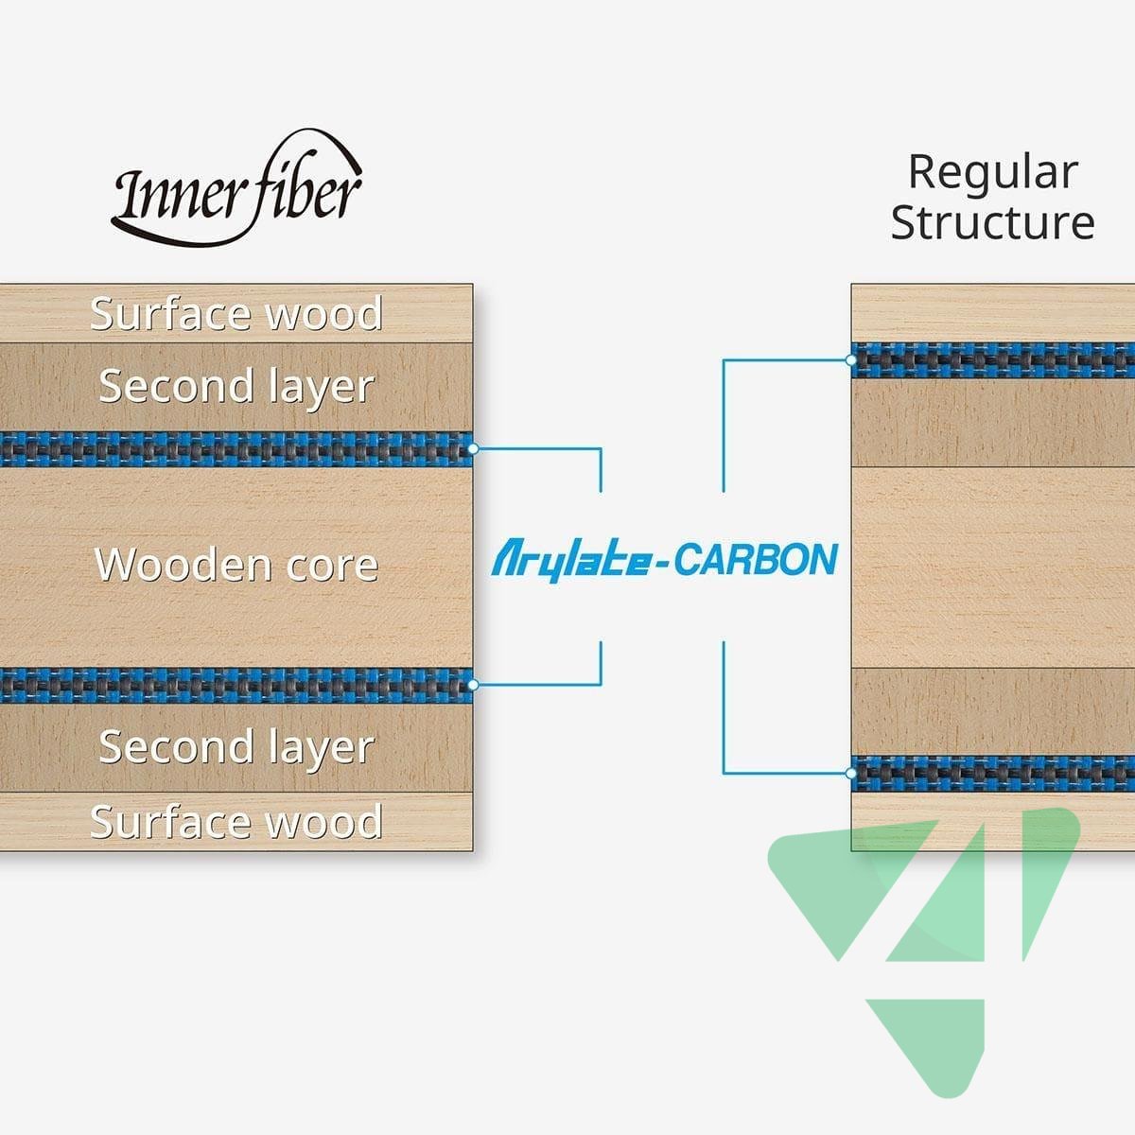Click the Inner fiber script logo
pyautogui.click(x=236, y=189)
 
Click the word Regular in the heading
pyautogui.click(x=992, y=172)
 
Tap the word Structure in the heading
pyautogui.click(x=992, y=223)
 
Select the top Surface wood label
pyautogui.click(x=236, y=314)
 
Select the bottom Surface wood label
pyautogui.click(x=236, y=821)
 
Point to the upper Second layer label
pyautogui.click(x=236, y=386)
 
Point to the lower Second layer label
pyautogui.click(x=236, y=747)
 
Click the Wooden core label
pyautogui.click(x=236, y=565)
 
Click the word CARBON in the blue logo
pyautogui.click(x=756, y=559)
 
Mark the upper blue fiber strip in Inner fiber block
pyautogui.click(x=236, y=449)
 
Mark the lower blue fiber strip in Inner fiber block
pyautogui.click(x=236, y=685)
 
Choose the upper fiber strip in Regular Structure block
pyautogui.click(x=993, y=360)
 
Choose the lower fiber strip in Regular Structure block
pyautogui.click(x=993, y=773)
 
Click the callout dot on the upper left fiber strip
pyautogui.click(x=473, y=448)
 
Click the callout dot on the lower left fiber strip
pyautogui.click(x=473, y=684)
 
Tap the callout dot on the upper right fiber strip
pyautogui.click(x=851, y=360)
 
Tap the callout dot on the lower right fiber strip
pyautogui.click(x=851, y=773)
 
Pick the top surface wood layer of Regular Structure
pyautogui.click(x=993, y=312)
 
